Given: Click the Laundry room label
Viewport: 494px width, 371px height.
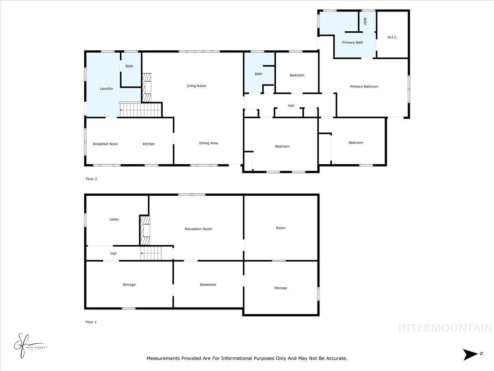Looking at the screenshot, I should pos(106,89).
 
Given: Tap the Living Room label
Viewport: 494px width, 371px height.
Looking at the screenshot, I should pos(196,86).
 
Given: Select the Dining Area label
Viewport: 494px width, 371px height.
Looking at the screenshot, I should pos(208,143).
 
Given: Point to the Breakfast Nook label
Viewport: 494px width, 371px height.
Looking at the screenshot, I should pos(105,144).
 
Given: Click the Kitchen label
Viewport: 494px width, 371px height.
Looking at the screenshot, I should pos(149,144).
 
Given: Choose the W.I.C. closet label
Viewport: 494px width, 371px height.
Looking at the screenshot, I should pos(392,38).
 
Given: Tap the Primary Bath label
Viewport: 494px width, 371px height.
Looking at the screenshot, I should pos(353,42).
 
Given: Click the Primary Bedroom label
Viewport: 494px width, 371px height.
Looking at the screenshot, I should pos(364,87).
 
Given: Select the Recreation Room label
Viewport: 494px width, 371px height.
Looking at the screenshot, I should pos(198,229).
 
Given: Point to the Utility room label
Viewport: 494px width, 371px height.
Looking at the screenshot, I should pos(114,220).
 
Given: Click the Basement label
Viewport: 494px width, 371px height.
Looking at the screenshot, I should pos(208,284).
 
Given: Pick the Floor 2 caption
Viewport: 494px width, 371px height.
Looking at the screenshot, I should pos(91,179).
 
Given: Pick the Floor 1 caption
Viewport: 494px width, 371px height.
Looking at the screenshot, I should pos(91,322).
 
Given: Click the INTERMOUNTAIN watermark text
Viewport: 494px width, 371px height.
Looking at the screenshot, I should pos(445,328).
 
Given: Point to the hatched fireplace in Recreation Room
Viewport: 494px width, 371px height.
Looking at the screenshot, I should pos(145,231).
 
